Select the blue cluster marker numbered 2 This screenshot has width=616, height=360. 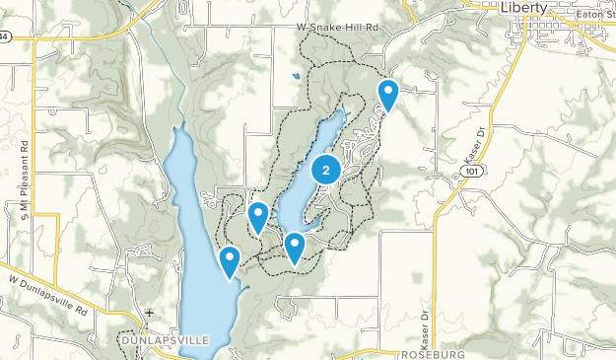pos(326,171)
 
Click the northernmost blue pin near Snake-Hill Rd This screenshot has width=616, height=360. pos(388,96)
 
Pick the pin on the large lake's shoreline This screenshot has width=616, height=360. pos(230,261)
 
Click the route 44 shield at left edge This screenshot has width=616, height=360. pos(4,36)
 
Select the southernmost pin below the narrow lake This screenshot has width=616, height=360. pos(294,247)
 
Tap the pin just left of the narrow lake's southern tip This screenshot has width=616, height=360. pos(258,217)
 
